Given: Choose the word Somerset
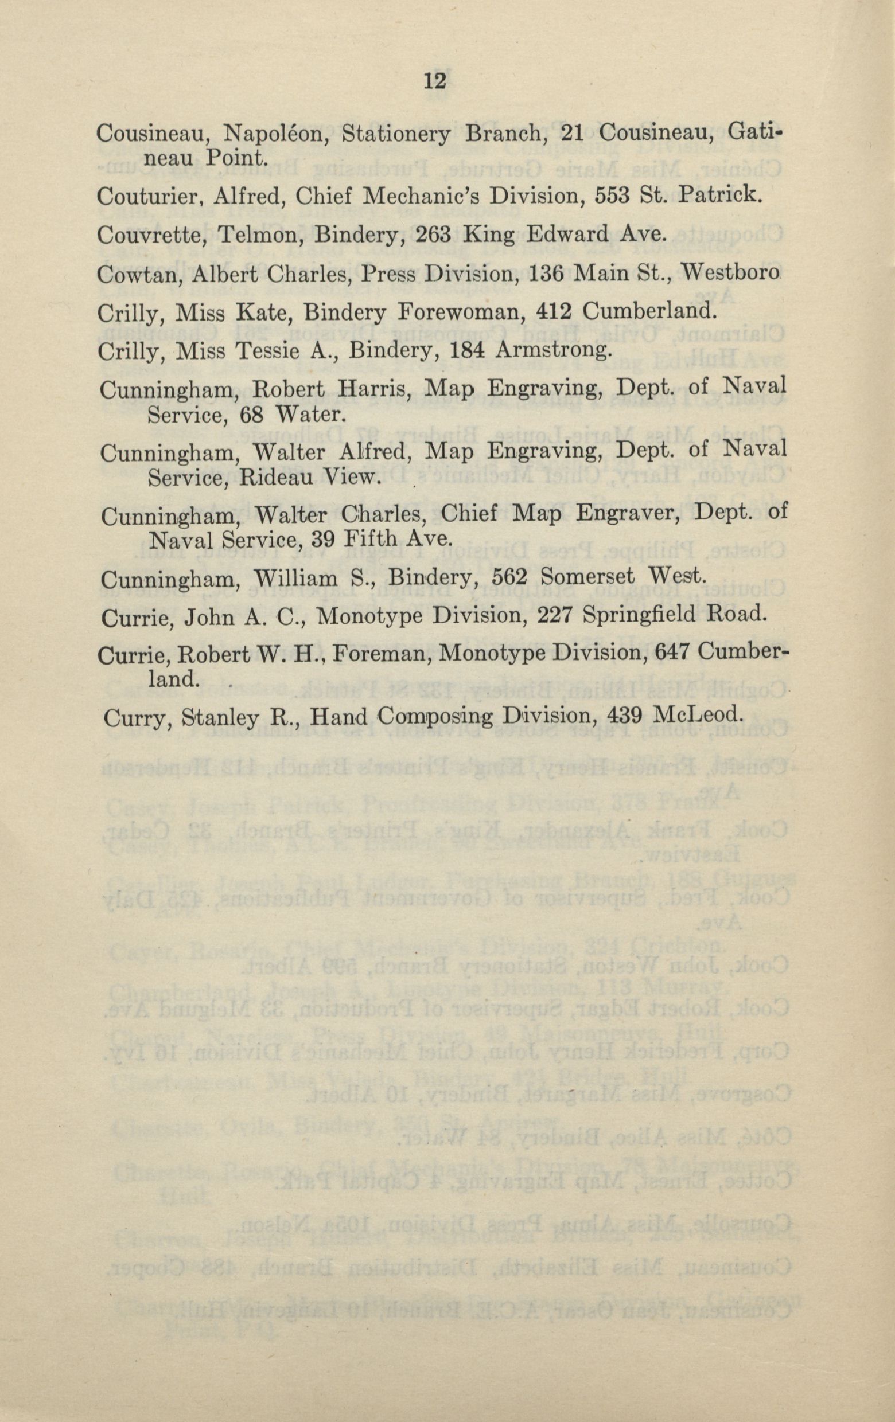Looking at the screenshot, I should coord(590,577).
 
